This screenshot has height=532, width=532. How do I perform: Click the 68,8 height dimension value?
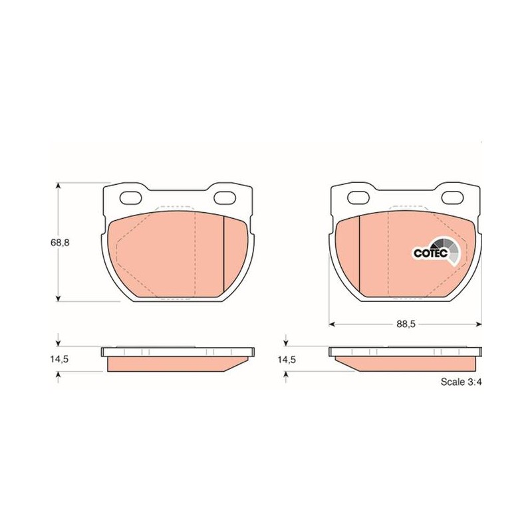click(x=60, y=243)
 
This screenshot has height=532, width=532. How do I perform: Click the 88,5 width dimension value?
click(x=406, y=324)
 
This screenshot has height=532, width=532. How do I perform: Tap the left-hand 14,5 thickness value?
click(x=60, y=359)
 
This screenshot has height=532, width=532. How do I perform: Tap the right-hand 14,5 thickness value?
click(x=287, y=360)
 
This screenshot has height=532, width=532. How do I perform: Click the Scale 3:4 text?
click(x=461, y=382)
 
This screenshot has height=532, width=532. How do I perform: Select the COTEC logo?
click(x=437, y=251)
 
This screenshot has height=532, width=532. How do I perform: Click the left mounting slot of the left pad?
click(x=130, y=198)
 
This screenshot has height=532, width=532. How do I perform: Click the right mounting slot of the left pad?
click(x=225, y=198)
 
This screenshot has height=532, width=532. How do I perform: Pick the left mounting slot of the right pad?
click(x=358, y=198)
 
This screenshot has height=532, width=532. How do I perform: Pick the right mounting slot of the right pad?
click(x=453, y=198)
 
